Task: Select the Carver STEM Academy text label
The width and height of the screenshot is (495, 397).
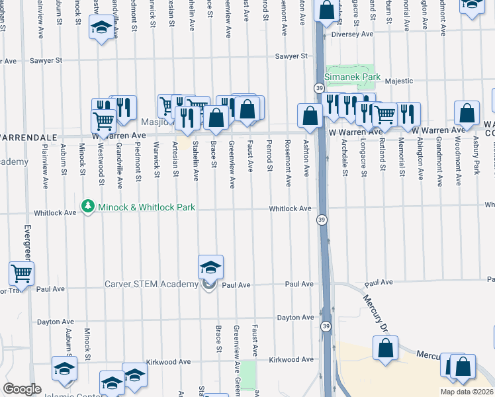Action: point(152,285)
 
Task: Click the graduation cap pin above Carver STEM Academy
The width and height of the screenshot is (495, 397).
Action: point(210,267)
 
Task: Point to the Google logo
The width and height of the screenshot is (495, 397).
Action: point(22,389)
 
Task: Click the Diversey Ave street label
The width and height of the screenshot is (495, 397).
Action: point(353,34)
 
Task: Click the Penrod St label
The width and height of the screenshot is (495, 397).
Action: point(269,156)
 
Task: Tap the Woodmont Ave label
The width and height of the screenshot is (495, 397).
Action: point(457,161)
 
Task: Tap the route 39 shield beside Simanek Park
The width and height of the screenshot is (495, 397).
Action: point(319,88)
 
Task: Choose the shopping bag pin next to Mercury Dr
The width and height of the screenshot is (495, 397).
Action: point(386,348)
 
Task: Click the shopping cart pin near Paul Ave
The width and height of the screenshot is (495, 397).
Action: point(22,273)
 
